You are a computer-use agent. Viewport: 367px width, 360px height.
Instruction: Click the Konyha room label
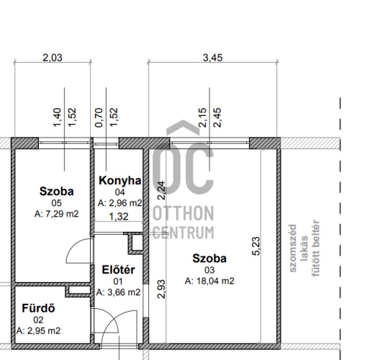120,181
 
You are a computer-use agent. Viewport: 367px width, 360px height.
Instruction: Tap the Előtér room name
119,270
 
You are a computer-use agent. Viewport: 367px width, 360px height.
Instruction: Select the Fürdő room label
38,308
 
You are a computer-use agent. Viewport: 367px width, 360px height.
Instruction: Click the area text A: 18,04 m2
209,281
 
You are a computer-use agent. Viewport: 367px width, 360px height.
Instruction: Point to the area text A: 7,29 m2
57,214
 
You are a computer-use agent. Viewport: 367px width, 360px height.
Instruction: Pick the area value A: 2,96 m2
120,203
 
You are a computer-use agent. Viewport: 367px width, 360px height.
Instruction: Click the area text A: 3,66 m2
119,292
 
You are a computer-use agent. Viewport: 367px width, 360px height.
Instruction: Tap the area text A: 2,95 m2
38,330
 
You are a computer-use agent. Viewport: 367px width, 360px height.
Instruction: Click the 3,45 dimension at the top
213,58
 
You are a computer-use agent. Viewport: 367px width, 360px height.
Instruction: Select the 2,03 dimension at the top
53,58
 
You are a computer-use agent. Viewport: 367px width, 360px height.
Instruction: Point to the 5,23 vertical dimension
256,246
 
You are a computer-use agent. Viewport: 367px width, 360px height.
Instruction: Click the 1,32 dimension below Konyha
119,217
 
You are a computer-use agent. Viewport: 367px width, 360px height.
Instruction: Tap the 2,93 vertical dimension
161,289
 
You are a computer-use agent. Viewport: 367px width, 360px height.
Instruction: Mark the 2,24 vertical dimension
161,191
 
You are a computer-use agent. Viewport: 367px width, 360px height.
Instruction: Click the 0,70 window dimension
99,117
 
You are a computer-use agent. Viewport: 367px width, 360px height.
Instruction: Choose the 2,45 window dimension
217,117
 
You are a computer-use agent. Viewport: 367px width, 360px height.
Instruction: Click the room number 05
57,203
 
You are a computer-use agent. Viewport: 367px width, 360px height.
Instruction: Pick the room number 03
209,270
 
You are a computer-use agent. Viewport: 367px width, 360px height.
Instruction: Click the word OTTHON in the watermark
183,213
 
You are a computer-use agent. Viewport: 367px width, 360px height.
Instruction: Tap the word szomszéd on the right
293,248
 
